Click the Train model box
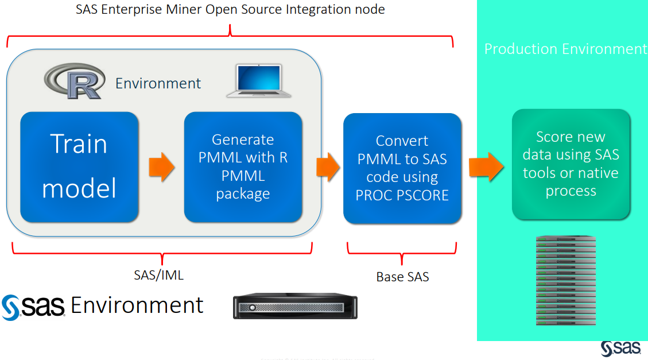point(79,167)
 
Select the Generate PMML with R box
point(243,167)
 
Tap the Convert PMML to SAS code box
point(402,168)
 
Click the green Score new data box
point(571,164)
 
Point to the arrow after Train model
point(161,167)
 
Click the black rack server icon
point(295,307)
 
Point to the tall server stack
point(565,280)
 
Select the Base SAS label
point(402,277)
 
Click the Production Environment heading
point(565,49)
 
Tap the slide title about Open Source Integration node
point(230,9)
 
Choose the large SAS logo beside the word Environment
point(34,307)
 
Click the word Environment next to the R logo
point(158,83)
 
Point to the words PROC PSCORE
point(402,195)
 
